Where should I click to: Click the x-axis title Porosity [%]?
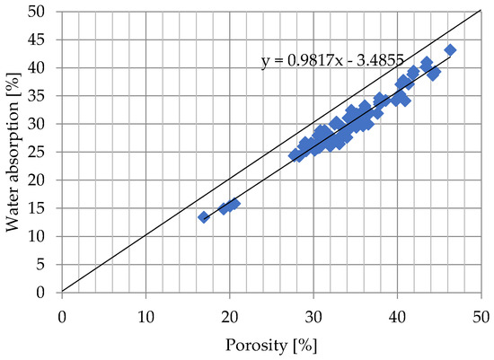pos(270,344)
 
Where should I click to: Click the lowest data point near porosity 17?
pos(204,217)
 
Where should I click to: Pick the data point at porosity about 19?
pos(224,208)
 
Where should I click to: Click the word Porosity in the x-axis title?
pos(257,344)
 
